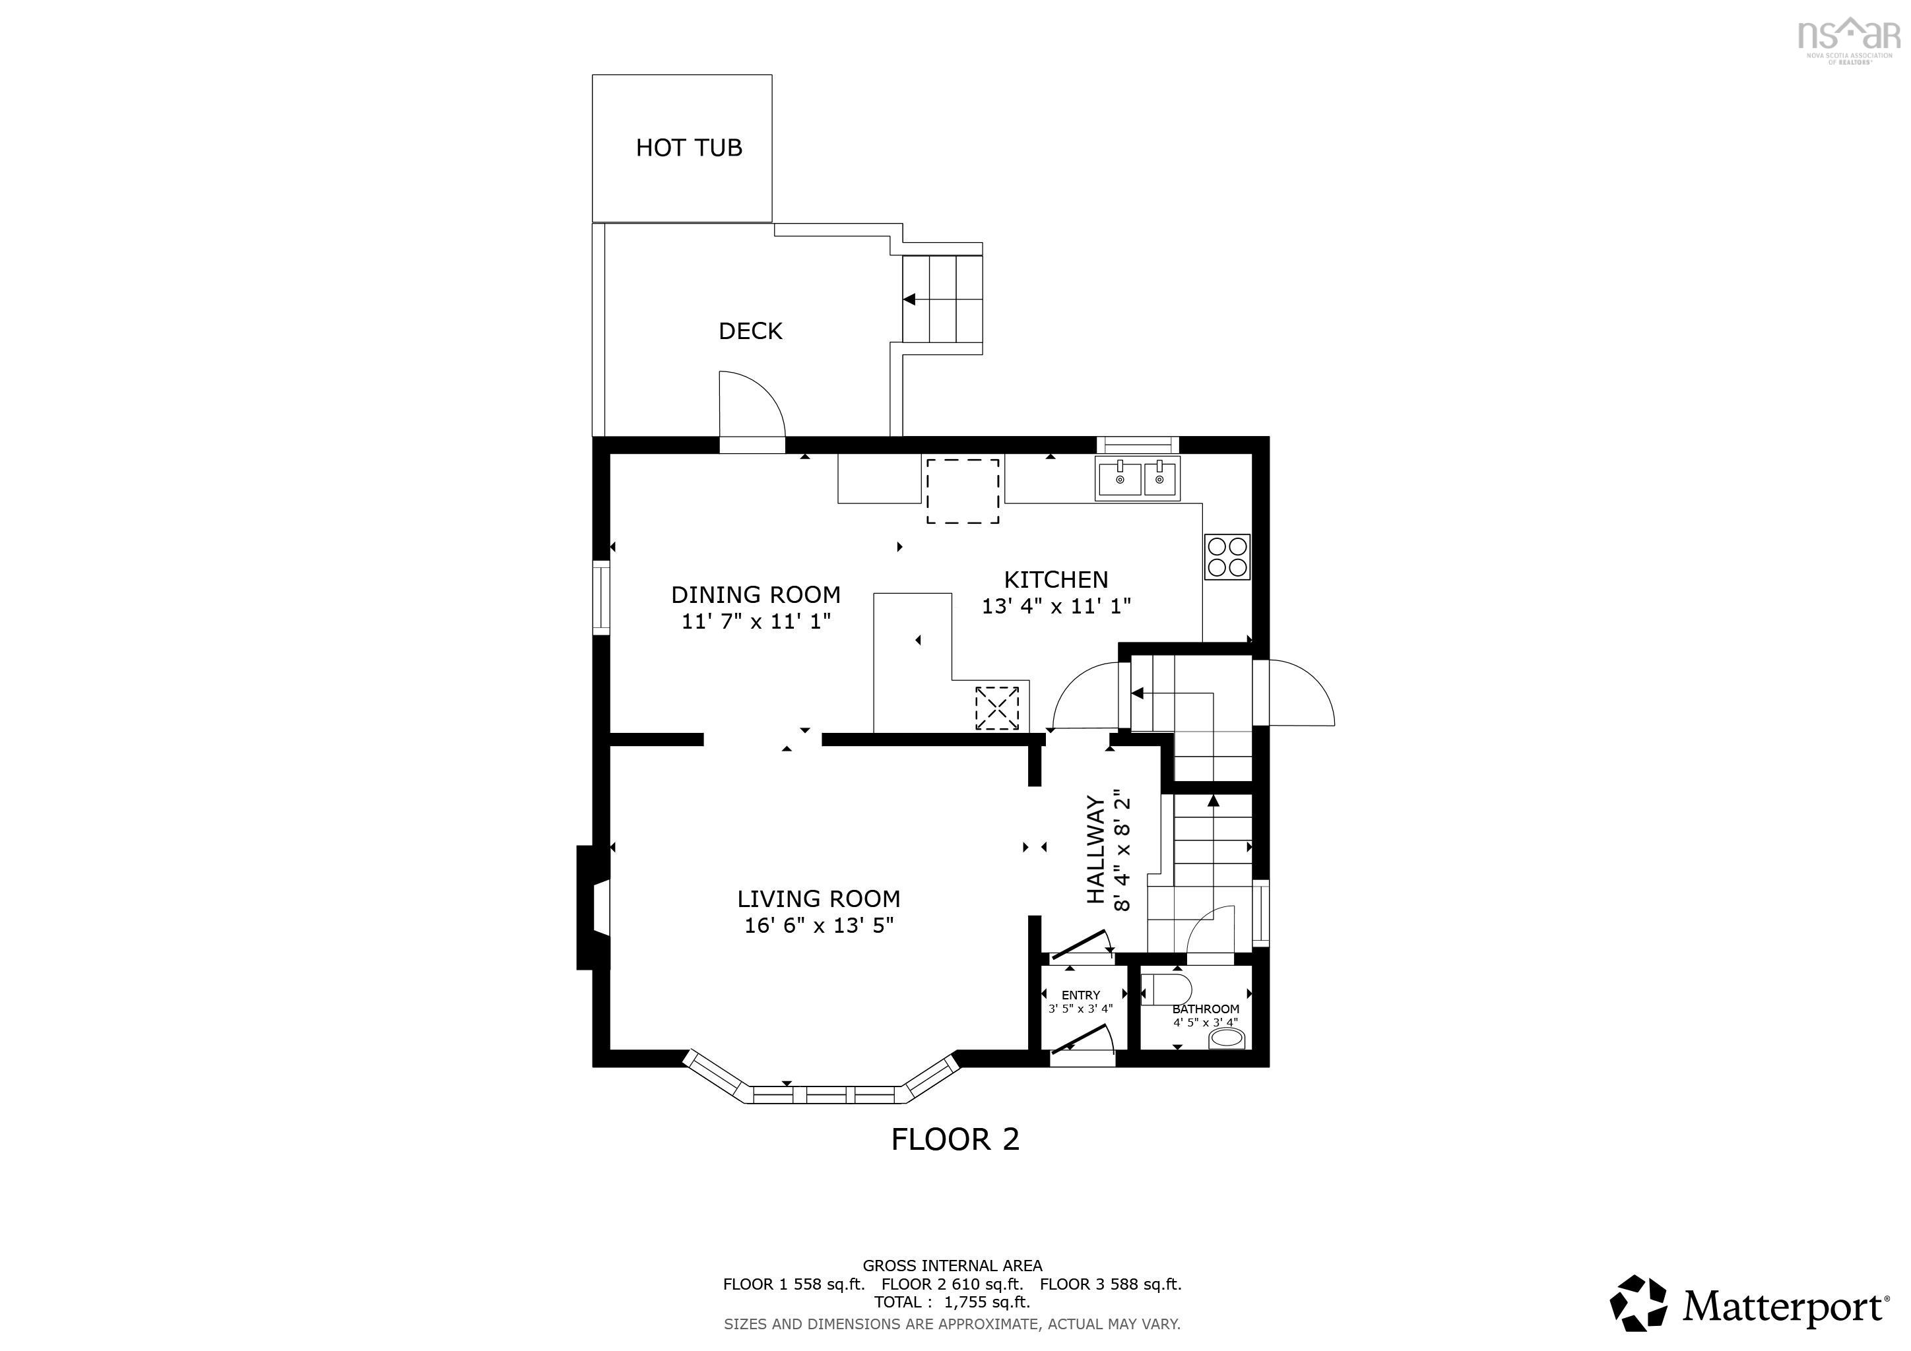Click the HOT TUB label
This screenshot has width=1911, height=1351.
point(688,148)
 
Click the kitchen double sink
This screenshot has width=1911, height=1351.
point(1137,479)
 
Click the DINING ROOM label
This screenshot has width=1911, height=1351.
point(755,595)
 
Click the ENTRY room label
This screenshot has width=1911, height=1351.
point(1080,995)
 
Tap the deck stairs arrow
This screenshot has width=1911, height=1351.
point(911,299)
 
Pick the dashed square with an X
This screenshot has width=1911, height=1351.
point(996,708)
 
